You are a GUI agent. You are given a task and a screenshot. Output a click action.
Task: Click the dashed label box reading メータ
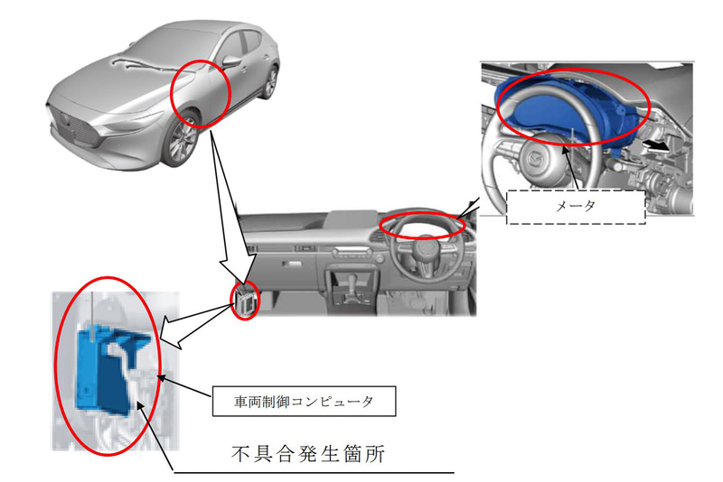(576, 205)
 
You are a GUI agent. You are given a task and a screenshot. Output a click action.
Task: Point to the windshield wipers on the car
(136, 64)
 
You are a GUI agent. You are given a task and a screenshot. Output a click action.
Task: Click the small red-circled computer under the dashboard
(245, 301)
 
